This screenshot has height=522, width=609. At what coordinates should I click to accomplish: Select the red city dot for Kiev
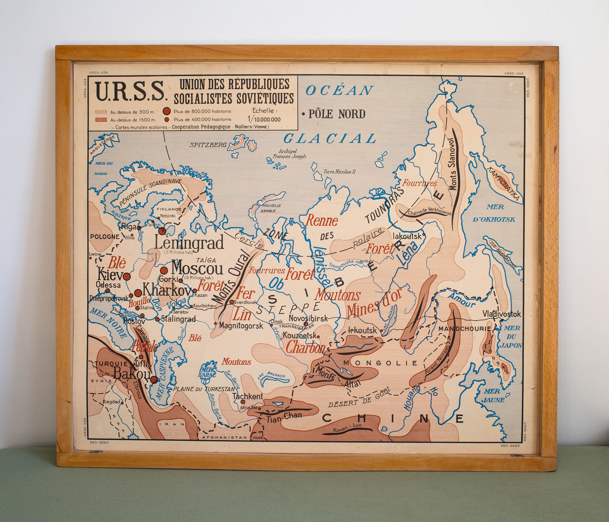pyautogui.click(x=127, y=276)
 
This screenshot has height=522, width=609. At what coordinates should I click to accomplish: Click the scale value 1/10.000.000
pyautogui.click(x=264, y=119)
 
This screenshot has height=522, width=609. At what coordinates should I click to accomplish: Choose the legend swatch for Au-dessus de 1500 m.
pyautogui.click(x=101, y=120)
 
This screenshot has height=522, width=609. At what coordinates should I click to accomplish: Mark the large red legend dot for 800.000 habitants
pyautogui.click(x=167, y=111)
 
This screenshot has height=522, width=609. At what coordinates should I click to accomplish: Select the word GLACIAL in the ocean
pyautogui.click(x=330, y=138)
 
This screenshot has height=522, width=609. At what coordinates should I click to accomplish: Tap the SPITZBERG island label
pyautogui.click(x=208, y=144)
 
